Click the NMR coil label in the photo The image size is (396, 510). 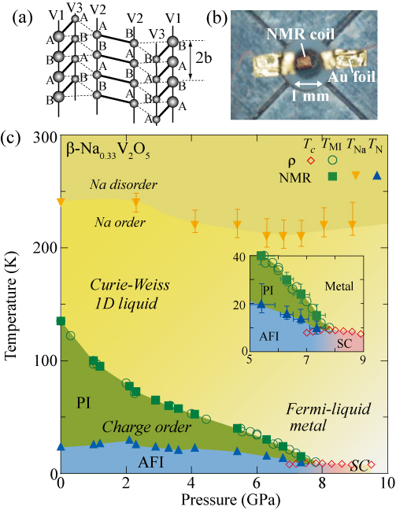300,35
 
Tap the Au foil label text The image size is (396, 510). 351,77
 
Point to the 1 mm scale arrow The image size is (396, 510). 308,84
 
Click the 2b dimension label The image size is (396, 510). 204,58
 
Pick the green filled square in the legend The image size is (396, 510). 332,176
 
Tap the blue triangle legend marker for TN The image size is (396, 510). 377,176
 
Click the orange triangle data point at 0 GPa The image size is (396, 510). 61,202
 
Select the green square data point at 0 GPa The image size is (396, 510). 61,321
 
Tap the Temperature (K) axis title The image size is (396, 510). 10,305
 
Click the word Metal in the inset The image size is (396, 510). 339,286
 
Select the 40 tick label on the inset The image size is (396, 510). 241,256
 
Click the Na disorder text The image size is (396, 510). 124,185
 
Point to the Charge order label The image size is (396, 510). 146,427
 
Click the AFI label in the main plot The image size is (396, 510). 150,462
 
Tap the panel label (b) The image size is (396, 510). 217,19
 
